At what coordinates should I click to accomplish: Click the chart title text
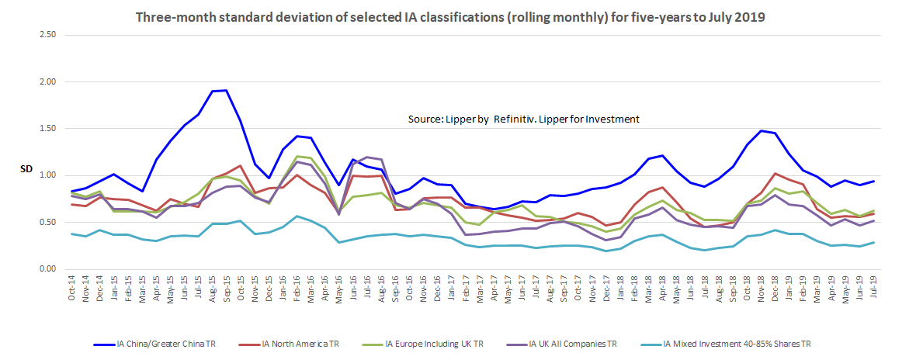click(x=451, y=17)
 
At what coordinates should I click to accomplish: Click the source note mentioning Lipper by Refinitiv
click(x=523, y=119)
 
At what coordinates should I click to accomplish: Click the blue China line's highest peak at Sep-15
click(x=226, y=90)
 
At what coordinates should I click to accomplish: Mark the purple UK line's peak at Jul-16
click(x=367, y=157)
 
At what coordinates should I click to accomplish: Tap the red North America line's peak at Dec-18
click(x=775, y=173)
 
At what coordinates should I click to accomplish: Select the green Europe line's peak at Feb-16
click(x=297, y=156)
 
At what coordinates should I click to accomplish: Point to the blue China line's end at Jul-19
click(x=874, y=181)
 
